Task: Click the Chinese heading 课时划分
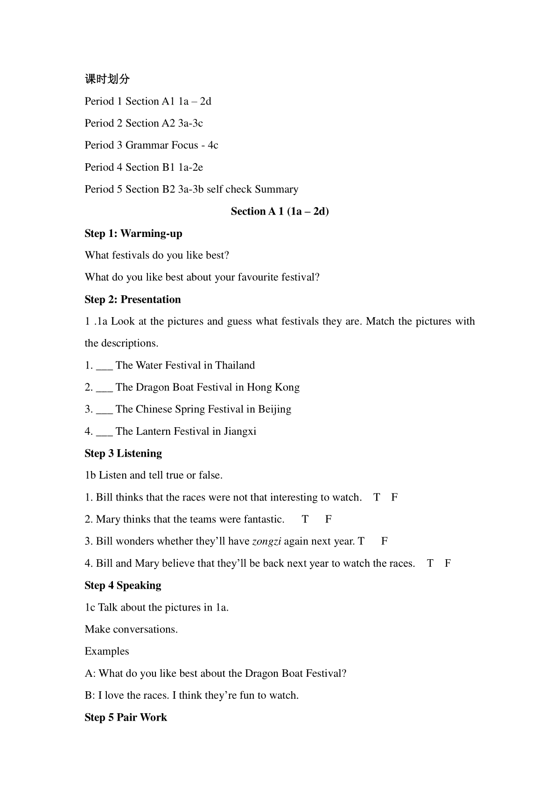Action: (x=107, y=79)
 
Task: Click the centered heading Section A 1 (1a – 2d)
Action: (x=280, y=211)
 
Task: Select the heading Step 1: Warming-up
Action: (x=133, y=233)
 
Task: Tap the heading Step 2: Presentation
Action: (x=133, y=299)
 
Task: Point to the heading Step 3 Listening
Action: (x=123, y=453)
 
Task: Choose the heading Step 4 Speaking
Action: (x=123, y=585)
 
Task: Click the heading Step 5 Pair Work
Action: (x=126, y=717)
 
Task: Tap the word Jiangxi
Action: (x=240, y=431)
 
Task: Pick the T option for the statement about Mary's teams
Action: (x=305, y=520)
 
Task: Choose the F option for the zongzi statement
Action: (x=385, y=542)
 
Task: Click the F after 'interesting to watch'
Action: (x=394, y=498)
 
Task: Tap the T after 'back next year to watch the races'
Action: (x=430, y=563)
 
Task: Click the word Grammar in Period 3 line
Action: (x=147, y=146)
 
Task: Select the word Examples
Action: (x=107, y=652)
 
